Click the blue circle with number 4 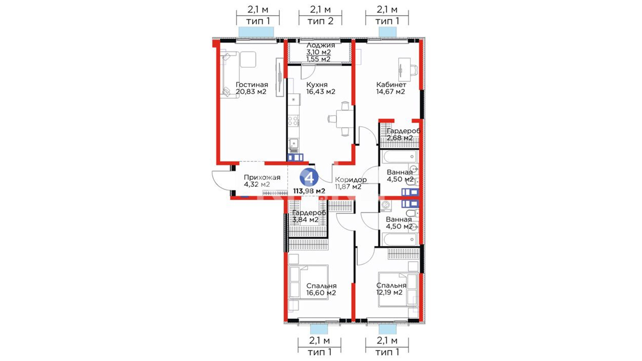(309, 177)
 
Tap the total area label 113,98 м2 (309, 191)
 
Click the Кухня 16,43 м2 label (321, 88)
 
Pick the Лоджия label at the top (320, 45)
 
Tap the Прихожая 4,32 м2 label (262, 181)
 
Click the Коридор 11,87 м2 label (350, 183)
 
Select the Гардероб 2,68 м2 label (403, 134)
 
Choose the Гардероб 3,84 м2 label (309, 216)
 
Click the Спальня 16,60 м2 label (321, 289)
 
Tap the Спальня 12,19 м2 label (391, 289)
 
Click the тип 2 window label (320, 21)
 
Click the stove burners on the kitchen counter (293, 120)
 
